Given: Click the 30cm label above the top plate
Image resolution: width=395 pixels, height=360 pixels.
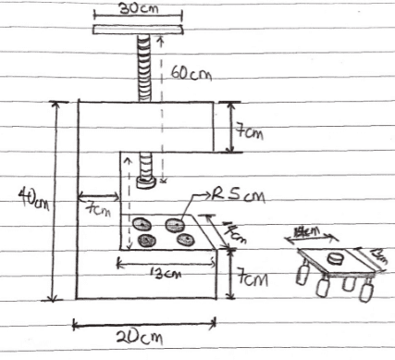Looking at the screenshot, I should [139, 8].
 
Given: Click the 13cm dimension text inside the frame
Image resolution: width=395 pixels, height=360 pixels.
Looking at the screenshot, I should [167, 273].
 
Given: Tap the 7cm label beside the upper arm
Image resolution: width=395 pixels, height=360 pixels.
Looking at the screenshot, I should [249, 132].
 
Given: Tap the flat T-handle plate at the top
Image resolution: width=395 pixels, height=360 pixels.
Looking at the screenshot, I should [139, 30].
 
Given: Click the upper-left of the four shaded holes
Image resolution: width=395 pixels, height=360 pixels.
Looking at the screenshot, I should [142, 223].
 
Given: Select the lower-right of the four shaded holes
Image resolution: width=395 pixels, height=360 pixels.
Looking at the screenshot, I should [185, 241].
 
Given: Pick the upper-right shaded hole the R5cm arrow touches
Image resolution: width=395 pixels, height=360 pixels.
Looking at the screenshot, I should [176, 223].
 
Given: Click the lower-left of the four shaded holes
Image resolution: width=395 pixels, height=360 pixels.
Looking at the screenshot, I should [147, 241].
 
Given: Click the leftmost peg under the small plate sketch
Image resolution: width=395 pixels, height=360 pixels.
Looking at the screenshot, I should [301, 275].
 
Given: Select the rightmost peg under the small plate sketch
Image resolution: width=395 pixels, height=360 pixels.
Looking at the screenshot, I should [366, 293].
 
